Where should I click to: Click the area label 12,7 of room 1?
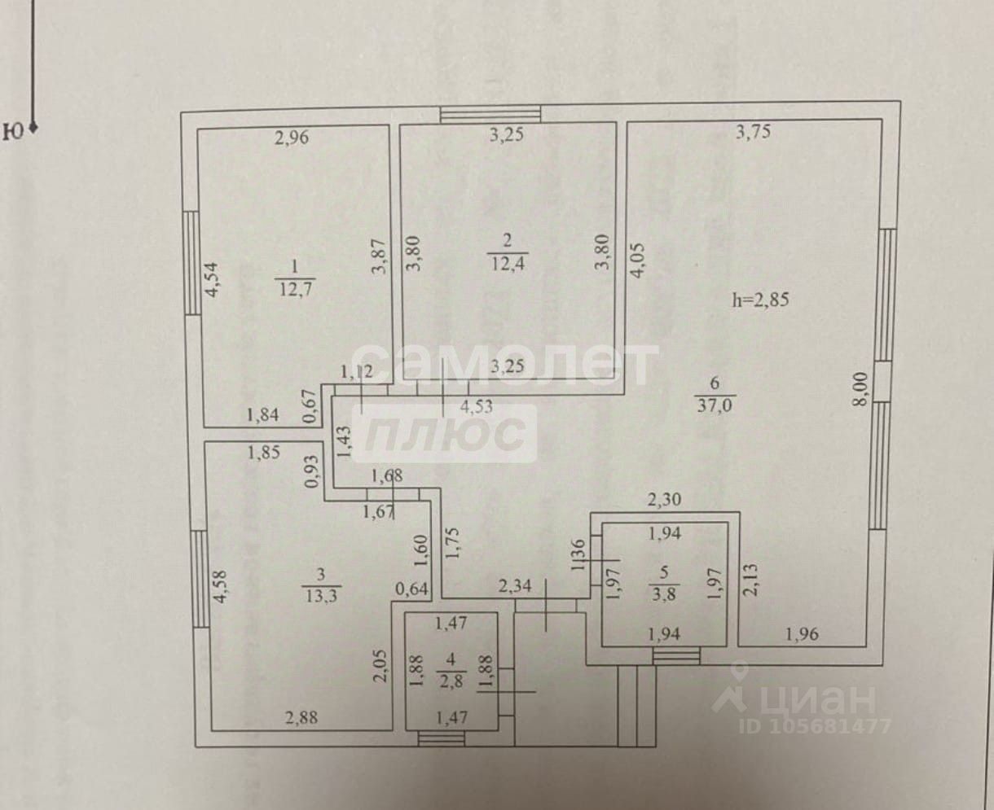296,289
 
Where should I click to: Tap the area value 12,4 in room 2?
508,263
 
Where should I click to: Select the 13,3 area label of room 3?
321,597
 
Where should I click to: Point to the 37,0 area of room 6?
715,405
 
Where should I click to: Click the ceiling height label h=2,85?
760,300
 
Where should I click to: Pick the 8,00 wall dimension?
860,389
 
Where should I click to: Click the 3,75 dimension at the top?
753,132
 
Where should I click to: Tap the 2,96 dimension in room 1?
292,138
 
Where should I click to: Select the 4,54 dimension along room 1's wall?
212,278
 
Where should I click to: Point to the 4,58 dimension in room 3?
220,587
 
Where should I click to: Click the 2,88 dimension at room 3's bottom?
301,718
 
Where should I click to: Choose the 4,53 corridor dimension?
476,406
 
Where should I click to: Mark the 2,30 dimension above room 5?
664,499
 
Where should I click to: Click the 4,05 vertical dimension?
636,260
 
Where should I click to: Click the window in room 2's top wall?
490,115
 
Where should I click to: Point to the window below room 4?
441,738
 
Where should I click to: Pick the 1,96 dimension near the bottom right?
802,634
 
